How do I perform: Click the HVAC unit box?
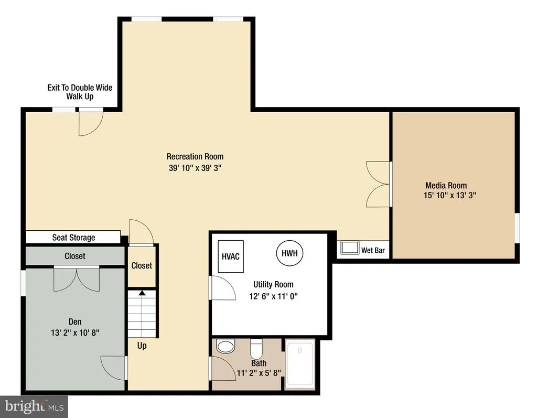(x=231, y=256)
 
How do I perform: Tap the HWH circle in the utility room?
(x=289, y=253)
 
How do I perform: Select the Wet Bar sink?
(x=349, y=248)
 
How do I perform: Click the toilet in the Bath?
(x=256, y=348)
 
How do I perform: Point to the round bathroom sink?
(x=225, y=346)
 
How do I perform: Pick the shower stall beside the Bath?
(x=300, y=364)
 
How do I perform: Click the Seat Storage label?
(x=73, y=238)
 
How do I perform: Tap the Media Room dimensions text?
(x=449, y=195)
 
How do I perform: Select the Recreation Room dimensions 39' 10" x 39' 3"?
(x=195, y=168)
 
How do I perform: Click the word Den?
(x=75, y=321)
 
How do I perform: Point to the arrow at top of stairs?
(x=142, y=293)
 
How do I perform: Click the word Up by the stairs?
(x=142, y=346)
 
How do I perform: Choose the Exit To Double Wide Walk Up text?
(x=80, y=92)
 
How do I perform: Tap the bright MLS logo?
(x=34, y=406)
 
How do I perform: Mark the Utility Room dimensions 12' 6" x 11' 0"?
(x=273, y=296)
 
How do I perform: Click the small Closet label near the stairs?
(x=142, y=265)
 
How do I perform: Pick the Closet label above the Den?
(x=75, y=256)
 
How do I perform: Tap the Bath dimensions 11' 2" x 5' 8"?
(x=259, y=372)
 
